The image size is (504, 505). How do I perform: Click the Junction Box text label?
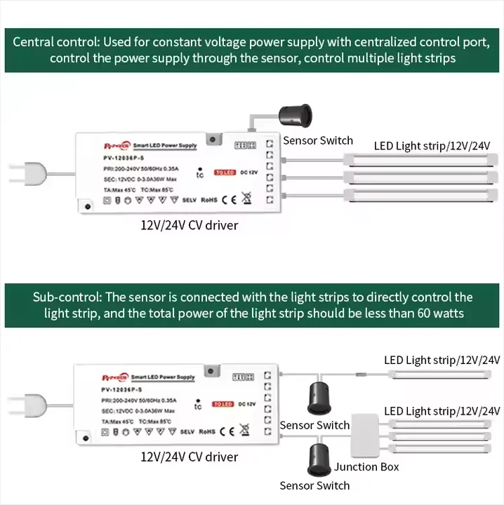click(366, 466)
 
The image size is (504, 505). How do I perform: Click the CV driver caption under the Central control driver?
click(190, 225)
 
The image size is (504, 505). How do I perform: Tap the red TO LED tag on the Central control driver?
click(225, 172)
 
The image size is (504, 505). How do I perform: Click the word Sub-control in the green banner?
click(63, 297)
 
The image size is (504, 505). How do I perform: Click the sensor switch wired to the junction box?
click(320, 460)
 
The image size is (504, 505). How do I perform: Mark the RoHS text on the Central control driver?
click(208, 199)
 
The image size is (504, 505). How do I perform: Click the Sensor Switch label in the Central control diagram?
click(317, 140)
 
